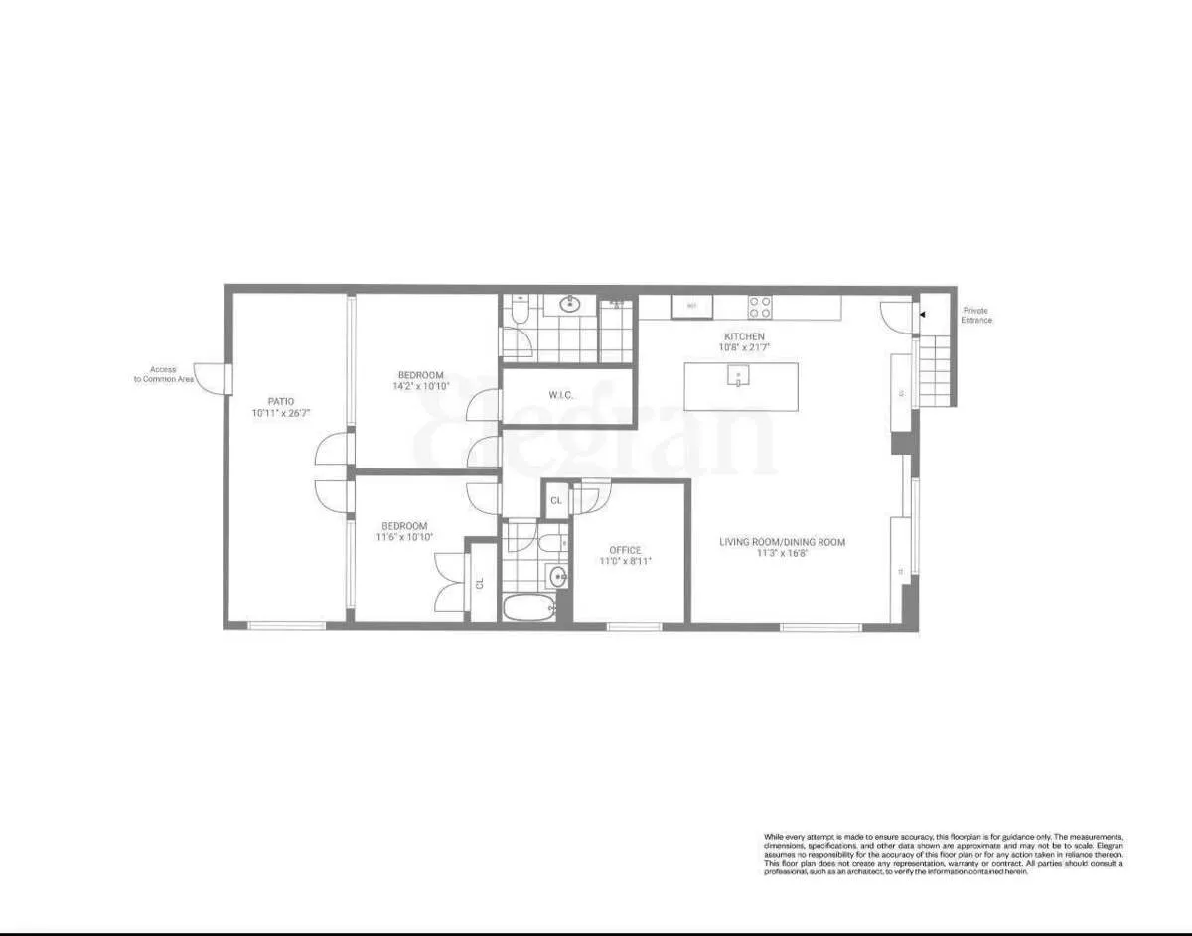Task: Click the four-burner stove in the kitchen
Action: (760, 306)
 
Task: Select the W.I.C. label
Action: (561, 396)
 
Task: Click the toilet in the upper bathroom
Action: (517, 314)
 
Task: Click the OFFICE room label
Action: (625, 550)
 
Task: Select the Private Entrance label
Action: (975, 315)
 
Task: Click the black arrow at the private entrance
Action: (921, 314)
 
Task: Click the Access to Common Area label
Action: (164, 374)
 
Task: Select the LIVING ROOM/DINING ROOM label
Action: (783, 542)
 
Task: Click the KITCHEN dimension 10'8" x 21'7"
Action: (743, 347)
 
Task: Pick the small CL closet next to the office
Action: (556, 501)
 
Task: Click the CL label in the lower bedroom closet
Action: (480, 584)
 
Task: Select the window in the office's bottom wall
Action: (634, 626)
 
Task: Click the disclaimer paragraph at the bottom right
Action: (943, 854)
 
